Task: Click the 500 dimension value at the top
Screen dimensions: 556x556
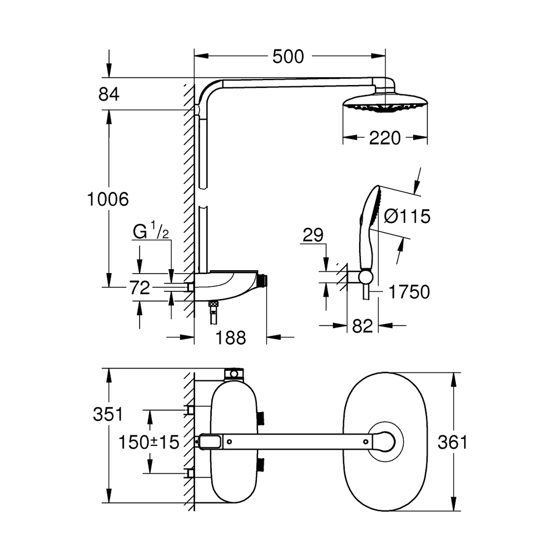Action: pyautogui.click(x=288, y=56)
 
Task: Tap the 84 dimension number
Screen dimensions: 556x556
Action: pyautogui.click(x=109, y=95)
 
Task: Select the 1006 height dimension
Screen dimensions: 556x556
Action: pyautogui.click(x=108, y=198)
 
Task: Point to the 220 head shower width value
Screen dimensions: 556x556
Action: pyautogui.click(x=385, y=138)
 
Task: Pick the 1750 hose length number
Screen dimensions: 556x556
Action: pyautogui.click(x=410, y=291)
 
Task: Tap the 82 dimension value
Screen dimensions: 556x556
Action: pyautogui.click(x=362, y=326)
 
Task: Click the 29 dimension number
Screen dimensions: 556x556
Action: pyautogui.click(x=314, y=235)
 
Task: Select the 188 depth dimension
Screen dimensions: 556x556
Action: pyautogui.click(x=230, y=337)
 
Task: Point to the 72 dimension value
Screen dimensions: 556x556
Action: pyautogui.click(x=139, y=287)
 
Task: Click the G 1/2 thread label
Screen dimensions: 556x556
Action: pyautogui.click(x=151, y=231)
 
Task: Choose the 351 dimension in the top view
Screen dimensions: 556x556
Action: pyautogui.click(x=108, y=414)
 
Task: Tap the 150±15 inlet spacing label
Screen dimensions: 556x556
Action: pyautogui.click(x=149, y=442)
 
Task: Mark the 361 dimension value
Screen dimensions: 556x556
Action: pyautogui.click(x=452, y=442)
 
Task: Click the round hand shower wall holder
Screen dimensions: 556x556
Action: pyautogui.click(x=365, y=277)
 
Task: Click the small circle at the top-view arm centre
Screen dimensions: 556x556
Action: pyautogui.click(x=366, y=441)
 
